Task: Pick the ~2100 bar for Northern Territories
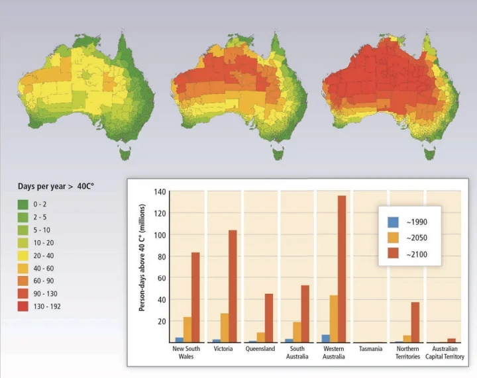pos(415,322)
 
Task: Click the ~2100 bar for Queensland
pos(268,318)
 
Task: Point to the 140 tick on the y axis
pos(159,192)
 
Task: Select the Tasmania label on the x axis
pos(370,349)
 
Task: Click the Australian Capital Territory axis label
pos(444,353)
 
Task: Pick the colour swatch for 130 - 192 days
pos(23,307)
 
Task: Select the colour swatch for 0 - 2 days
pos(23,205)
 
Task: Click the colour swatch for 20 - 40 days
pos(23,256)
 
